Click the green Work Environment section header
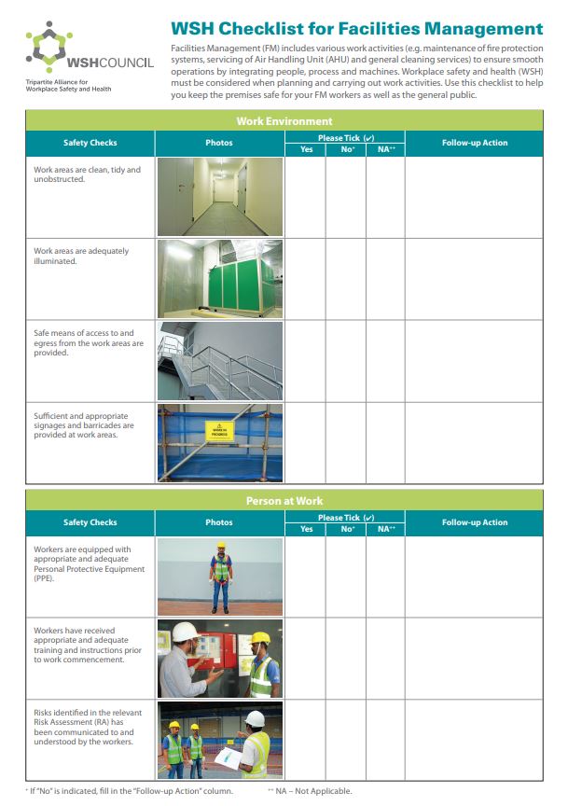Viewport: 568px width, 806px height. [284, 120]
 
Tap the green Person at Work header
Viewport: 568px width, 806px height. [284, 501]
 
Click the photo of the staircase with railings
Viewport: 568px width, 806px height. [219, 361]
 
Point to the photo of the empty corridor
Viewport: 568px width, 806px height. [219, 196]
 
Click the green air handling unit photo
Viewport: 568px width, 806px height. [219, 279]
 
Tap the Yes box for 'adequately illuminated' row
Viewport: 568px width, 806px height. [305, 279]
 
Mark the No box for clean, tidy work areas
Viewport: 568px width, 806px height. [346, 196]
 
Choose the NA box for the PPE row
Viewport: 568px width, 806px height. [385, 576]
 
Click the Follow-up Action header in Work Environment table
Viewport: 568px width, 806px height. [474, 143]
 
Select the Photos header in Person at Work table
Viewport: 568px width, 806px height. [219, 522]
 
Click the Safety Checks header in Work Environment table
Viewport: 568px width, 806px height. [90, 143]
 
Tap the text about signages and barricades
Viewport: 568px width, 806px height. [84, 425]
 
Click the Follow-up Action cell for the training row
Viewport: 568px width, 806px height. [474, 658]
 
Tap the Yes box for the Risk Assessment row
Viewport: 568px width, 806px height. [305, 739]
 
